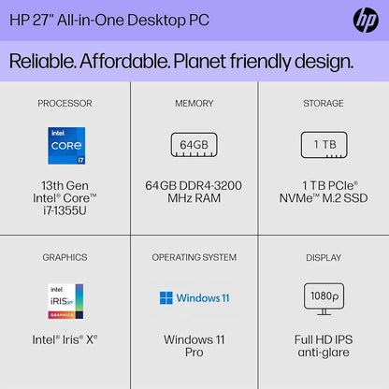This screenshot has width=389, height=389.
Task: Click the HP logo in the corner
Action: click(365, 20)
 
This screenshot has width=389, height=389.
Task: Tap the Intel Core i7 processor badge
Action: click(65, 145)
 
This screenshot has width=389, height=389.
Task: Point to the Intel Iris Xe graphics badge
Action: click(65, 301)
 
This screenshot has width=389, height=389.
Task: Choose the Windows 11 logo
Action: click(194, 298)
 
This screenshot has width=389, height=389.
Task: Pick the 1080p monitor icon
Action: click(323, 297)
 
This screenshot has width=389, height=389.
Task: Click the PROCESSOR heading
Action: click(65, 103)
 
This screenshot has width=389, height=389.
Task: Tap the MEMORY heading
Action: click(194, 103)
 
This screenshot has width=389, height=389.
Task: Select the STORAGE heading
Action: click(323, 103)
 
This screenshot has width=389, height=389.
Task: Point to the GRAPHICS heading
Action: click(65, 257)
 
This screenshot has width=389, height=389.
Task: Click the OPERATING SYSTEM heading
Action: click(194, 257)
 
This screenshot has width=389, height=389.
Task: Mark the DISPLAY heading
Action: click(323, 257)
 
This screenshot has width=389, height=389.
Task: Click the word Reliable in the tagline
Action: click(46, 62)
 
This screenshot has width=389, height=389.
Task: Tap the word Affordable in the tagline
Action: click(140, 62)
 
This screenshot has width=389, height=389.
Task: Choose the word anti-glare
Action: click(323, 354)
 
